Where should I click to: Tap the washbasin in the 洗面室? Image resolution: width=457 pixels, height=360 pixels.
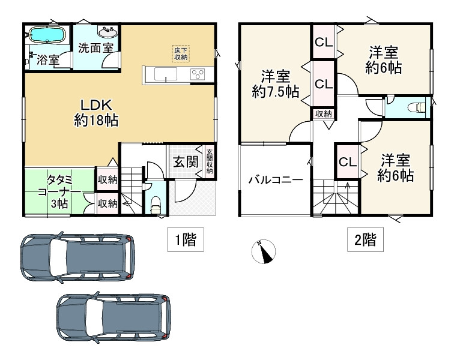point(108,31)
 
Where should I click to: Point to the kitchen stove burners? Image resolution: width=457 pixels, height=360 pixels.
point(198,74)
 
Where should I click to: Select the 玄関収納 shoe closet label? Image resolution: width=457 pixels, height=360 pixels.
point(210,161)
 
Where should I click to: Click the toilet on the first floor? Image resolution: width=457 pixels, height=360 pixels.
point(156,204)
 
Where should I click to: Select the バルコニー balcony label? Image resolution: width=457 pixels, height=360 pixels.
point(275,179)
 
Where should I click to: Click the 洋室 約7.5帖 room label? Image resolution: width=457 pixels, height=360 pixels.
point(276,84)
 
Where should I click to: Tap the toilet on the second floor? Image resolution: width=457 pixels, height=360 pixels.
point(414,108)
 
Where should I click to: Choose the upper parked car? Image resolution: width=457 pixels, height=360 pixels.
point(77,257)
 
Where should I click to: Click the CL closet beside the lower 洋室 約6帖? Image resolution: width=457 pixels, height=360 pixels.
point(347,161)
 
